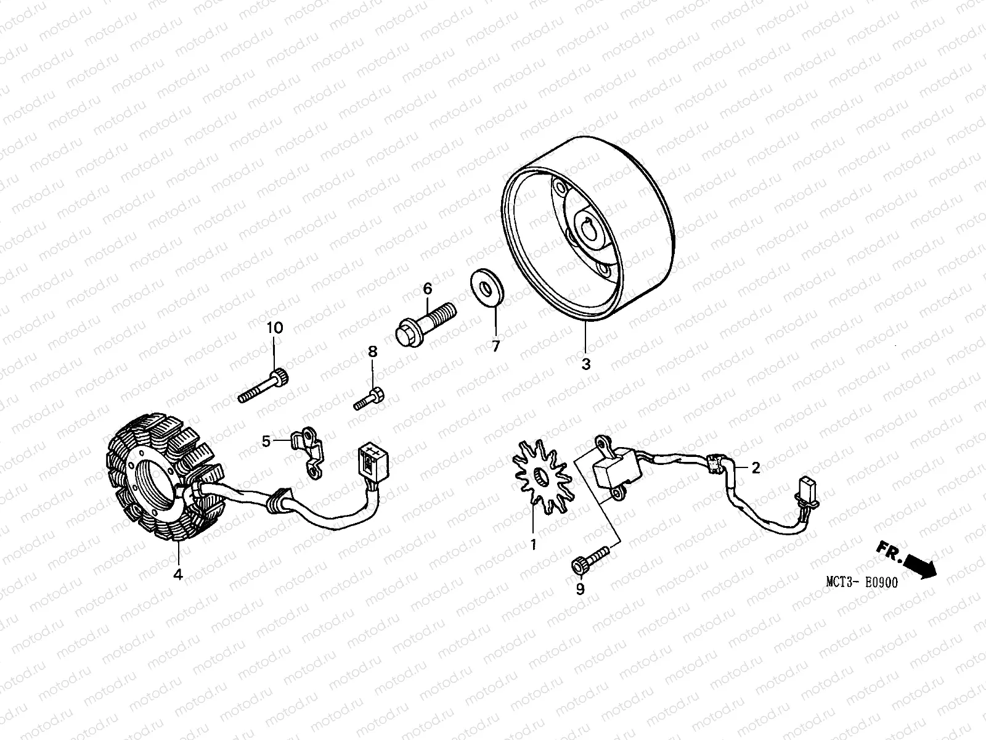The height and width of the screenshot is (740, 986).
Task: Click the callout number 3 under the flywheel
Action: pos(585,364)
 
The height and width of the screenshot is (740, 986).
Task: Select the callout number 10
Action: pos(275,328)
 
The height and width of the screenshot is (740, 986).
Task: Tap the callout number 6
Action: pos(427,289)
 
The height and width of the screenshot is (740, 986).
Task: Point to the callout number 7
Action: pos(495,346)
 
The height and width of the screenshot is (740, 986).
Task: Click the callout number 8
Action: pos(372,352)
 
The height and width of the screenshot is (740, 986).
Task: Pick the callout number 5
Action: pos(266,442)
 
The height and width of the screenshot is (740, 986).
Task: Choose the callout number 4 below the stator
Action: pos(178,575)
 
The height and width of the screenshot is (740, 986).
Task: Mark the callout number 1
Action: pos(534,545)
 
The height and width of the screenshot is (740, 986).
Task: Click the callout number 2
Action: pos(756,468)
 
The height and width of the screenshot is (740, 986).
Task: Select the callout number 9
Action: pos(579,590)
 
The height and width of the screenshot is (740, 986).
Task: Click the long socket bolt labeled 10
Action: pos(264,385)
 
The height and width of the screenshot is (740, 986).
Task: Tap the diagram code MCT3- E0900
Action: pos(862,583)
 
